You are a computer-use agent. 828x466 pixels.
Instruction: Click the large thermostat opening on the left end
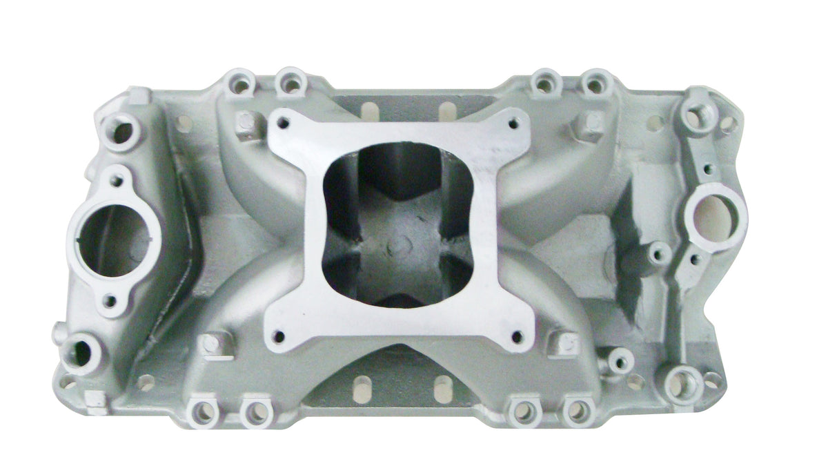(x=112, y=238)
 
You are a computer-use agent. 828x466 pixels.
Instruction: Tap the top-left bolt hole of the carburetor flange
(x=282, y=125)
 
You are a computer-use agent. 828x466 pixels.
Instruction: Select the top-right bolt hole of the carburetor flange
(x=513, y=124)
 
